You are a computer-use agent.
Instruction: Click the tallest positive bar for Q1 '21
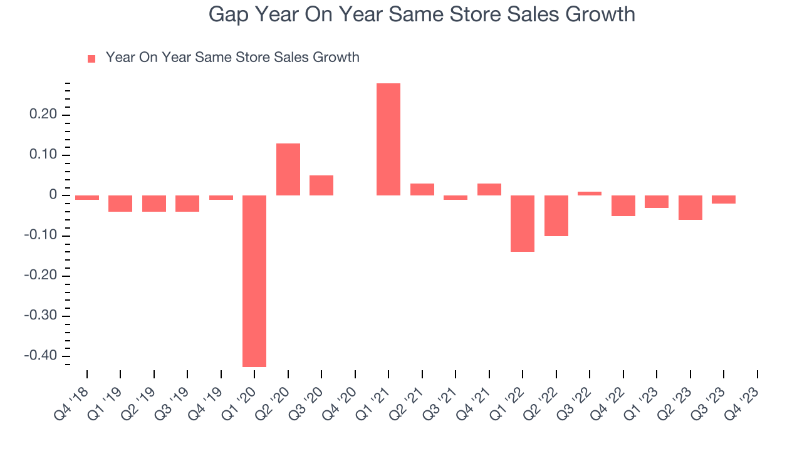click(x=388, y=139)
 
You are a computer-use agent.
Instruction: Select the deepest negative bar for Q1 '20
click(x=254, y=281)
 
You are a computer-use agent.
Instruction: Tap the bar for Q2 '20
click(x=288, y=169)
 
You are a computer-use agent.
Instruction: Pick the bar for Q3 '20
click(x=321, y=185)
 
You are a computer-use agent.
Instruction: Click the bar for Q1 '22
click(x=523, y=223)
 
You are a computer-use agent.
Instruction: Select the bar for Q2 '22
click(x=556, y=215)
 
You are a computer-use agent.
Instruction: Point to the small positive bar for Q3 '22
click(x=590, y=194)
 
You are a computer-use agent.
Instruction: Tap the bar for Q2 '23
click(x=690, y=207)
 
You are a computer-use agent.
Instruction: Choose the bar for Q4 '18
click(x=87, y=197)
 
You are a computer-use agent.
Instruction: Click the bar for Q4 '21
click(x=489, y=189)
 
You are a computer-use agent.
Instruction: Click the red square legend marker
click(x=91, y=59)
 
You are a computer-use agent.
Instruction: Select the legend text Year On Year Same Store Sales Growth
click(x=232, y=58)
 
